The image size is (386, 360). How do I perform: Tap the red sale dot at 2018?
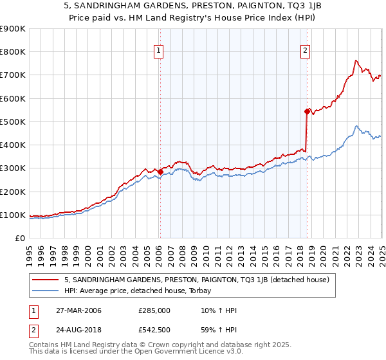(307, 111)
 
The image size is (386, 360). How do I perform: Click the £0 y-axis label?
(19, 238)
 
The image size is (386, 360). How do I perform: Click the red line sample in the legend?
(46, 280)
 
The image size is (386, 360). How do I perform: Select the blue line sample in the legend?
(46, 291)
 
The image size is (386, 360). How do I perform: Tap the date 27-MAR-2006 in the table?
(78, 311)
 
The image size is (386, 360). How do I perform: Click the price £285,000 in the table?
(154, 311)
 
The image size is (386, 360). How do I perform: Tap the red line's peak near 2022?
(355, 60)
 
